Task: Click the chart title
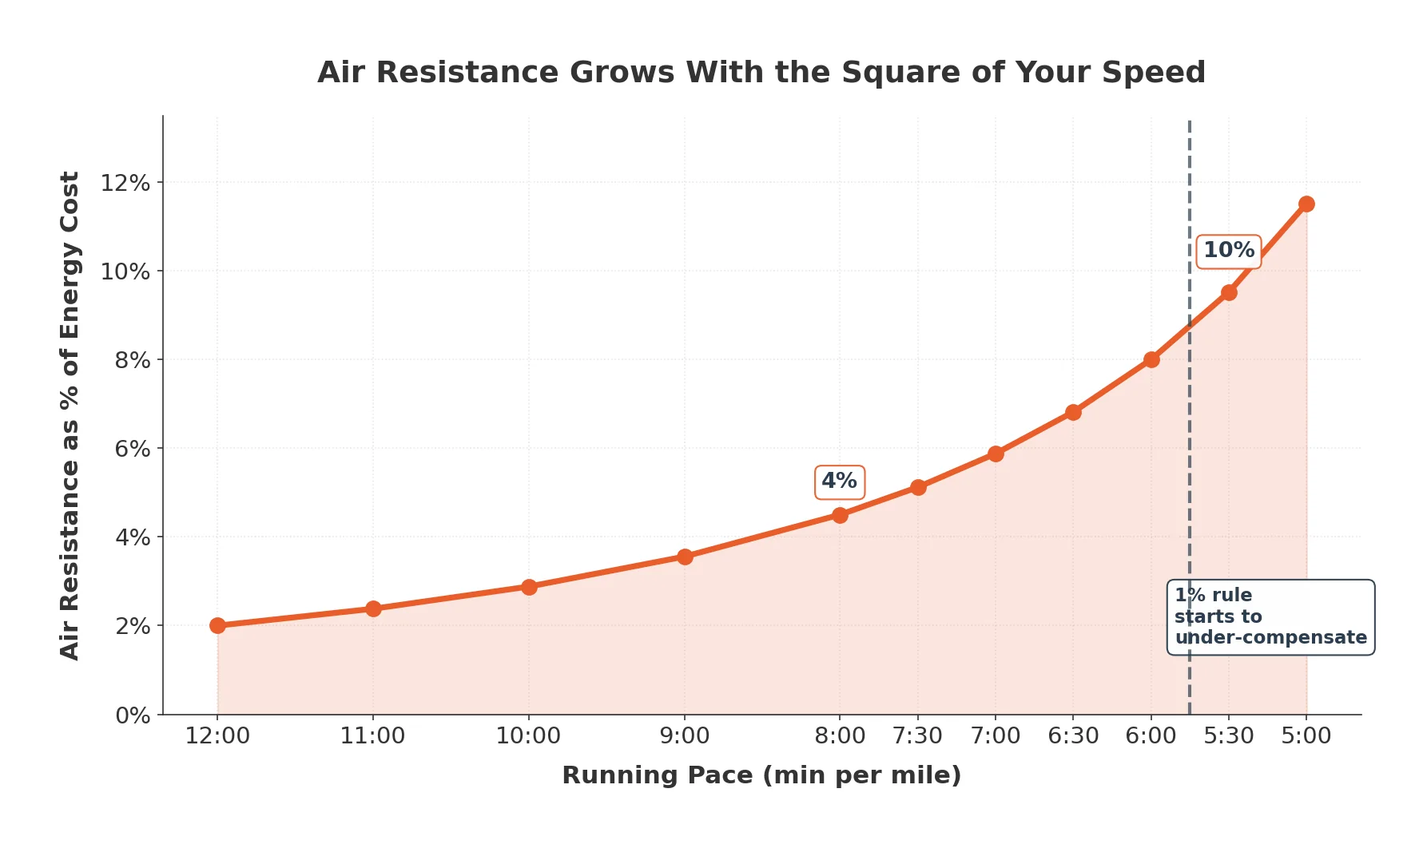[761, 73]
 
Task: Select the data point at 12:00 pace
[217, 625]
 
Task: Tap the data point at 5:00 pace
[1306, 204]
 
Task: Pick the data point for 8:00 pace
[840, 515]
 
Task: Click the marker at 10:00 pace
[529, 587]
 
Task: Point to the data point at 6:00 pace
[1151, 359]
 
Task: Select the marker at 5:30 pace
[1229, 292]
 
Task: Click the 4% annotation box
[839, 481]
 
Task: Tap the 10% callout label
[1228, 251]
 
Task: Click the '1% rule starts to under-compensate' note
[1270, 617]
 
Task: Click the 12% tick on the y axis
[125, 183]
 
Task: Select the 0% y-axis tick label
[133, 715]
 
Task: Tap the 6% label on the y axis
[133, 449]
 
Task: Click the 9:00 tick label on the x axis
[685, 735]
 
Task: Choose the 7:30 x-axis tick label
[917, 735]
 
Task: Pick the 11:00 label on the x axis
[372, 735]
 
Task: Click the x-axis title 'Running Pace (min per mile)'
[761, 775]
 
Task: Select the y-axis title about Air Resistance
[70, 415]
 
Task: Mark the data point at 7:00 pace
[996, 454]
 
